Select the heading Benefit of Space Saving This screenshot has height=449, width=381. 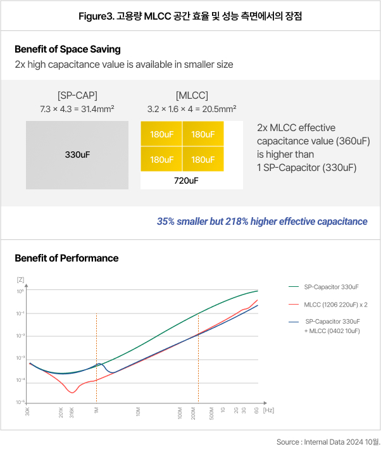pos(67,49)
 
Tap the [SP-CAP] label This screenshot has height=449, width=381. pos(77,96)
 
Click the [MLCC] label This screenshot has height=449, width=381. pos(191,96)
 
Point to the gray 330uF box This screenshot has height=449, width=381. pos(77,154)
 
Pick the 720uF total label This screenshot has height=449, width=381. pos(191,180)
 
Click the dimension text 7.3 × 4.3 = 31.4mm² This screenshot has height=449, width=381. pos(77,110)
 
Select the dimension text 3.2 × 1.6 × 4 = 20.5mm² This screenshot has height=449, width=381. pos(191,110)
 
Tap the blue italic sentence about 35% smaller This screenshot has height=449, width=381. pos(262,222)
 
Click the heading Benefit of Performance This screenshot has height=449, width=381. pos(66,258)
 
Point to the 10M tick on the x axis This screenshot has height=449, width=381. pos(138,412)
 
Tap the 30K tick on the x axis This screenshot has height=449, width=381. pos(28,412)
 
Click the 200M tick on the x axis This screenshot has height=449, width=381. pos(194,413)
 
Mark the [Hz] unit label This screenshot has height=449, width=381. pos(268,410)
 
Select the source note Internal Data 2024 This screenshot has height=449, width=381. pos(328,441)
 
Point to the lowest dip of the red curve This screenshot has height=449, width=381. pos(72,393)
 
